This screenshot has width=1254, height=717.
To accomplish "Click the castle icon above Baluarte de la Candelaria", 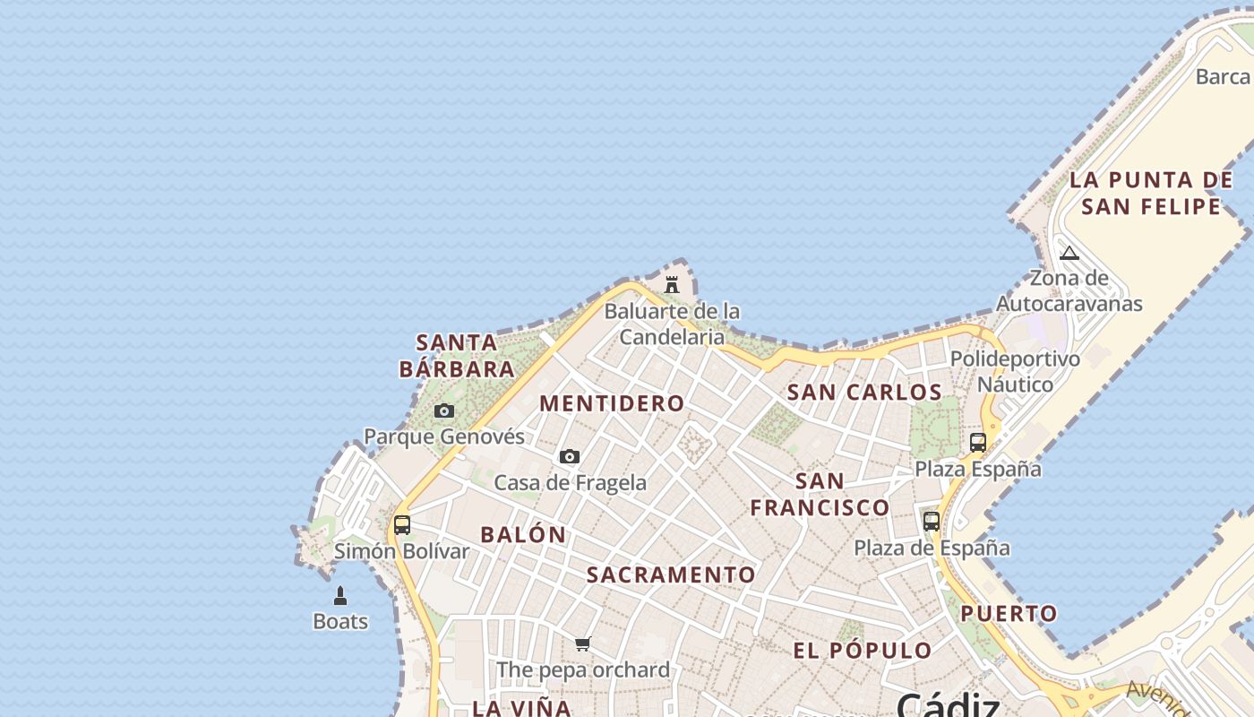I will [x=672, y=285].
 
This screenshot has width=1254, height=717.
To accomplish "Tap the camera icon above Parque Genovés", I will [x=444, y=411].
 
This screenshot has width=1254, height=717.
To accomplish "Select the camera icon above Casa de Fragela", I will [x=570, y=457].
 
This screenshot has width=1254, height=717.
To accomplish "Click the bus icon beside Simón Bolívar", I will [x=402, y=525].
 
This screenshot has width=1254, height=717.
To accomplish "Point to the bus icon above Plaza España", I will [x=978, y=443].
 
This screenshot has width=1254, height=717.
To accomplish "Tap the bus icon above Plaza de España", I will [x=932, y=522].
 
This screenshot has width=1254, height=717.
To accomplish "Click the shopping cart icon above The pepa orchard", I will [x=583, y=644].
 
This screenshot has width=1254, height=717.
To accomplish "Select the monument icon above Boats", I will [x=340, y=596].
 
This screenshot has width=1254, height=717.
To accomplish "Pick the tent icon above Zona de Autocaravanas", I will [x=1069, y=253].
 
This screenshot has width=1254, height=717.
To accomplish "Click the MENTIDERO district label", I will [x=612, y=403].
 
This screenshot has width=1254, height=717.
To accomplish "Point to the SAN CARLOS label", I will [x=864, y=393].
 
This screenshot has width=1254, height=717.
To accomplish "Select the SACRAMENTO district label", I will [x=671, y=574].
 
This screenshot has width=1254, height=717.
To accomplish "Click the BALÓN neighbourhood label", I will [x=523, y=535].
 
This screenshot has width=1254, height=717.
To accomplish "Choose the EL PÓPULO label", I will [x=863, y=651].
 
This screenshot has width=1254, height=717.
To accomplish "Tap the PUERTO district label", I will [x=1009, y=614].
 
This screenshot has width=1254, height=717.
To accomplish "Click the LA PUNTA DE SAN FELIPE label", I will [x=1151, y=194].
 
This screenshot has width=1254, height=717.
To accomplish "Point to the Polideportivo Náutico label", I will [x=1015, y=371].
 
